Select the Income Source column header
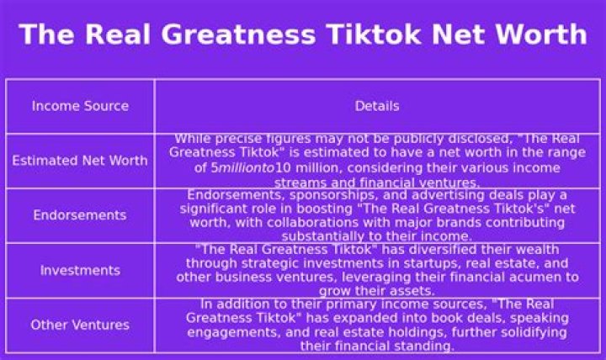[x=81, y=106]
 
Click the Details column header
[x=377, y=106]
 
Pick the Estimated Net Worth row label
[x=80, y=161]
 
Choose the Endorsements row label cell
[x=80, y=214]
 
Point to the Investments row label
[x=81, y=270]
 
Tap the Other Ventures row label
[x=80, y=325]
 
